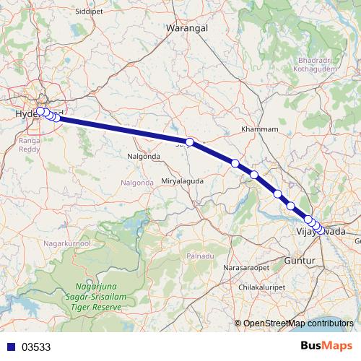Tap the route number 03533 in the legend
tap(36, 347)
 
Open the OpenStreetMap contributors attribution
tap(298, 323)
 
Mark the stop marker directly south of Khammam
tap(254, 175)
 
